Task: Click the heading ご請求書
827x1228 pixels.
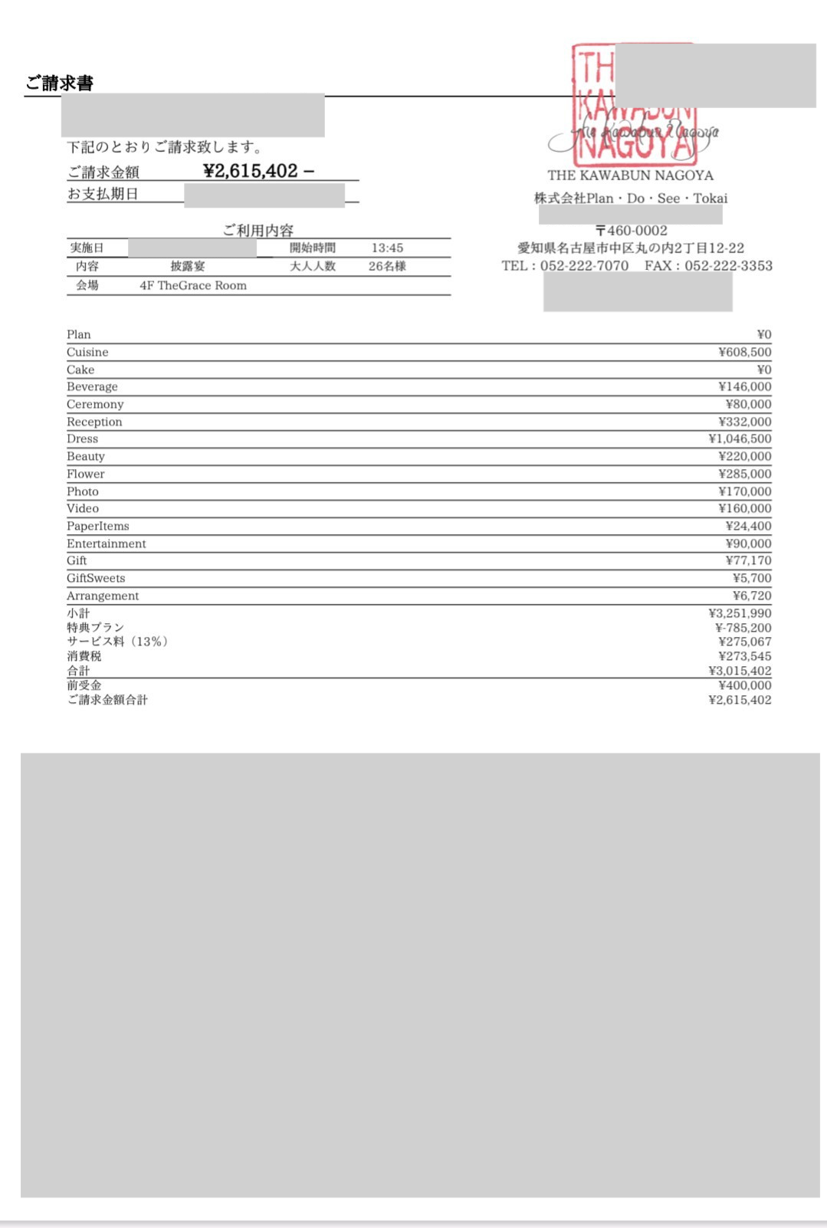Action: [x=59, y=83]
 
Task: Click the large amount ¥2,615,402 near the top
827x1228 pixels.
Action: [x=251, y=171]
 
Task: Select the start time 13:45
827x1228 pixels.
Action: [x=387, y=248]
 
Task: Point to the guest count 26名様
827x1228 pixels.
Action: [x=387, y=267]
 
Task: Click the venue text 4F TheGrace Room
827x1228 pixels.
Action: [x=193, y=285]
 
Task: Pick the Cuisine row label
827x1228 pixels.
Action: [x=87, y=353]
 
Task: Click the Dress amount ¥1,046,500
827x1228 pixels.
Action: [x=740, y=439]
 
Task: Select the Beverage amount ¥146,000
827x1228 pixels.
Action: [x=744, y=387]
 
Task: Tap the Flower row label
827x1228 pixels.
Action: [x=85, y=474]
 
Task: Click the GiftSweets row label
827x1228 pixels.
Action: [x=96, y=579]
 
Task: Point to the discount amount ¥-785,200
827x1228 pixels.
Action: [x=743, y=628]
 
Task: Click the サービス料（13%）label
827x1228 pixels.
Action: [x=117, y=642]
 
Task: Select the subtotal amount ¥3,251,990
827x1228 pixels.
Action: [x=740, y=613]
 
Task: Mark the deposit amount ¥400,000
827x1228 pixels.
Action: [x=744, y=685]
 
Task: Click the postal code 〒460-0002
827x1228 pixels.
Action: [x=632, y=231]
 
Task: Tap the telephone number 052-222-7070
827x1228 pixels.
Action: [x=584, y=266]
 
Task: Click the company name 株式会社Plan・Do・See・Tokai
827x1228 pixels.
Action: [x=631, y=199]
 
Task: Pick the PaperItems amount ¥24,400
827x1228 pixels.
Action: [x=748, y=527]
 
